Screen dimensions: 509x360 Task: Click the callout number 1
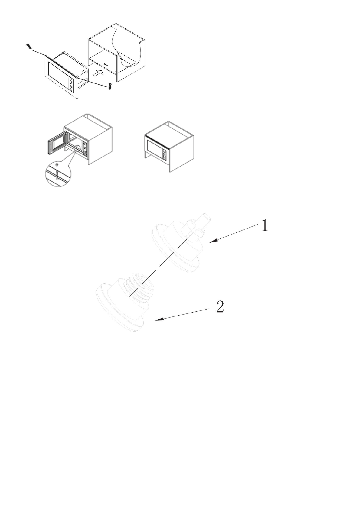pyautogui.click(x=265, y=225)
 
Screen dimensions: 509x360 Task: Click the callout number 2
pyautogui.click(x=220, y=307)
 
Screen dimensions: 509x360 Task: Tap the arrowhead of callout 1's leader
pyautogui.click(x=211, y=242)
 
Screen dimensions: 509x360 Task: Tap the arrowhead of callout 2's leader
pyautogui.click(x=157, y=320)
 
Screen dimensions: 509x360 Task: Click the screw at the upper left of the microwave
pyautogui.click(x=29, y=47)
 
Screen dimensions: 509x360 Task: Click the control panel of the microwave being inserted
pyautogui.click(x=71, y=85)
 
